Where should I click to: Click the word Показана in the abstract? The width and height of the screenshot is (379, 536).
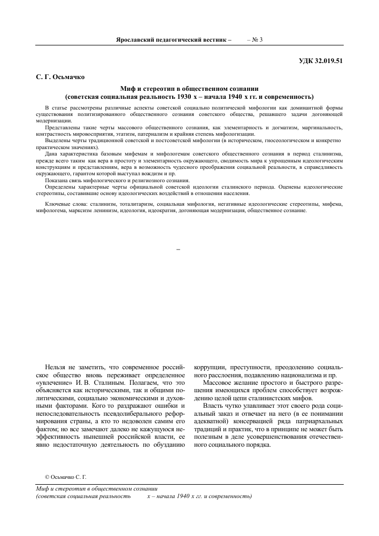pyautogui.click(x=58, y=181)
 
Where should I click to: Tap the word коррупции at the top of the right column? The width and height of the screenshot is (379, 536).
pyautogui.click(x=211, y=368)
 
